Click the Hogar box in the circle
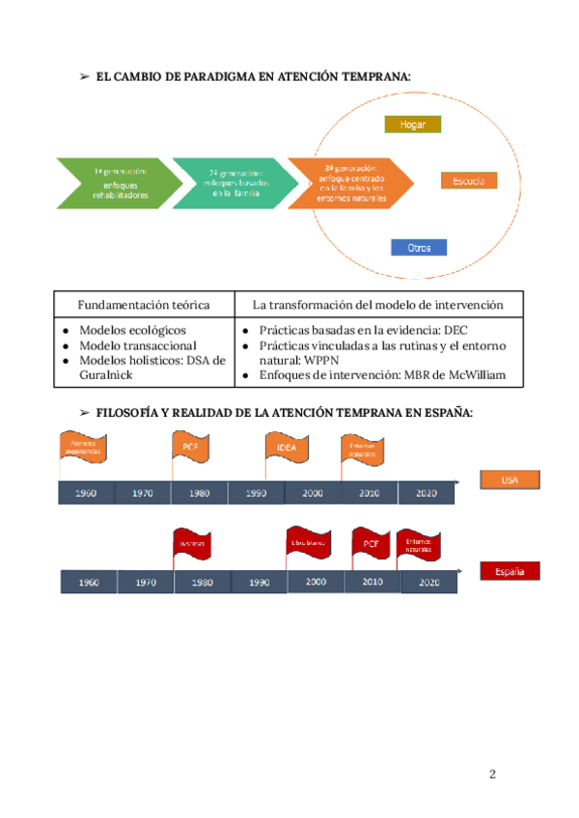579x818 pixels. click(x=412, y=124)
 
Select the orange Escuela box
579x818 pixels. click(x=469, y=180)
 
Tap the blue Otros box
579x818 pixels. click(x=419, y=248)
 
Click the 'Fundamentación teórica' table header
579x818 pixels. click(x=144, y=305)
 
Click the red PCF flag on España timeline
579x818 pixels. click(x=371, y=544)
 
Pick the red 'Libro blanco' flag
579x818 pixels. click(x=307, y=543)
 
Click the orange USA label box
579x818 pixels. click(x=510, y=479)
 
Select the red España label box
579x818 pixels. click(x=510, y=571)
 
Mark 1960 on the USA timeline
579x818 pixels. click(x=86, y=493)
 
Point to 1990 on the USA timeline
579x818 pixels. click(x=256, y=493)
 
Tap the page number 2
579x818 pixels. click(x=492, y=774)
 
